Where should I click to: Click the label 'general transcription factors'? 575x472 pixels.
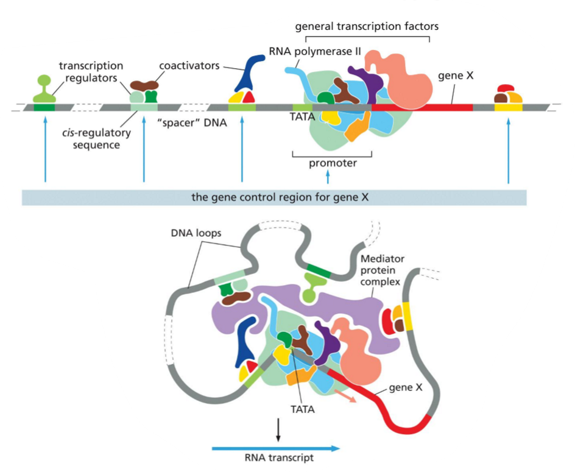click(x=367, y=27)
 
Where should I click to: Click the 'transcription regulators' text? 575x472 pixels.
click(x=92, y=72)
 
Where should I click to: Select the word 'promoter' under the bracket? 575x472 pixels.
click(x=332, y=163)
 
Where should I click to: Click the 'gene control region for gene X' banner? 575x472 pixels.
click(x=274, y=197)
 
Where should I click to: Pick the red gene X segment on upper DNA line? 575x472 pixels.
click(x=426, y=107)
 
